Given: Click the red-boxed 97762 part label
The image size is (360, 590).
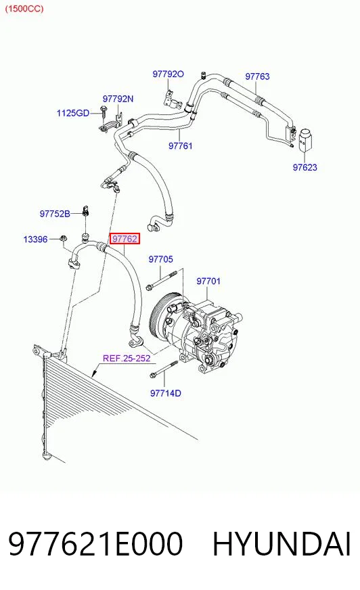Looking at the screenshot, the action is [x=125, y=239].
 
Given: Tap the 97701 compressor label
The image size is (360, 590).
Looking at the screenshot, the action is [x=208, y=281].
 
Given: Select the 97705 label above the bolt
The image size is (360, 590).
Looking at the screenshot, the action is [x=160, y=259].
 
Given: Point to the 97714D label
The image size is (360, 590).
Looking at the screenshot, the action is [x=166, y=393].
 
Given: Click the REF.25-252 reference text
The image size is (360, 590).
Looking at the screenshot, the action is [x=127, y=358].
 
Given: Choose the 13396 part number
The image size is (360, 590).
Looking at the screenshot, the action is [x=35, y=240].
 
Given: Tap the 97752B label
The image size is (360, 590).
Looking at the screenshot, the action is [x=55, y=214].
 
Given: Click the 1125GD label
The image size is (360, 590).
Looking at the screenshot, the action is [x=73, y=113].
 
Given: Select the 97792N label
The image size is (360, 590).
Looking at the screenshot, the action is [x=118, y=99].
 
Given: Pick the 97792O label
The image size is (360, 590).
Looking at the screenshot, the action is [x=168, y=74].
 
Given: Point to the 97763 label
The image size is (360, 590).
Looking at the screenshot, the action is [x=257, y=76].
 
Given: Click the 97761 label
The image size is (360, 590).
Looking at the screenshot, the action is [x=181, y=145].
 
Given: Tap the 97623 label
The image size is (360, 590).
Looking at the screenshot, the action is [x=305, y=167].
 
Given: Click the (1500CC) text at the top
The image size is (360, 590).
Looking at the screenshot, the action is [x=24, y=9].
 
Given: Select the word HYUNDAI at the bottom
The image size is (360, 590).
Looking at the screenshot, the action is [x=282, y=544].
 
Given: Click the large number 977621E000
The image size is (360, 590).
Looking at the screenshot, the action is [x=95, y=544].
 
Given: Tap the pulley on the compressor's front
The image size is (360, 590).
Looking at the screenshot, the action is [x=162, y=320].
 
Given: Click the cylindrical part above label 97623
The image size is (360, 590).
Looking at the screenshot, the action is [x=305, y=139].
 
